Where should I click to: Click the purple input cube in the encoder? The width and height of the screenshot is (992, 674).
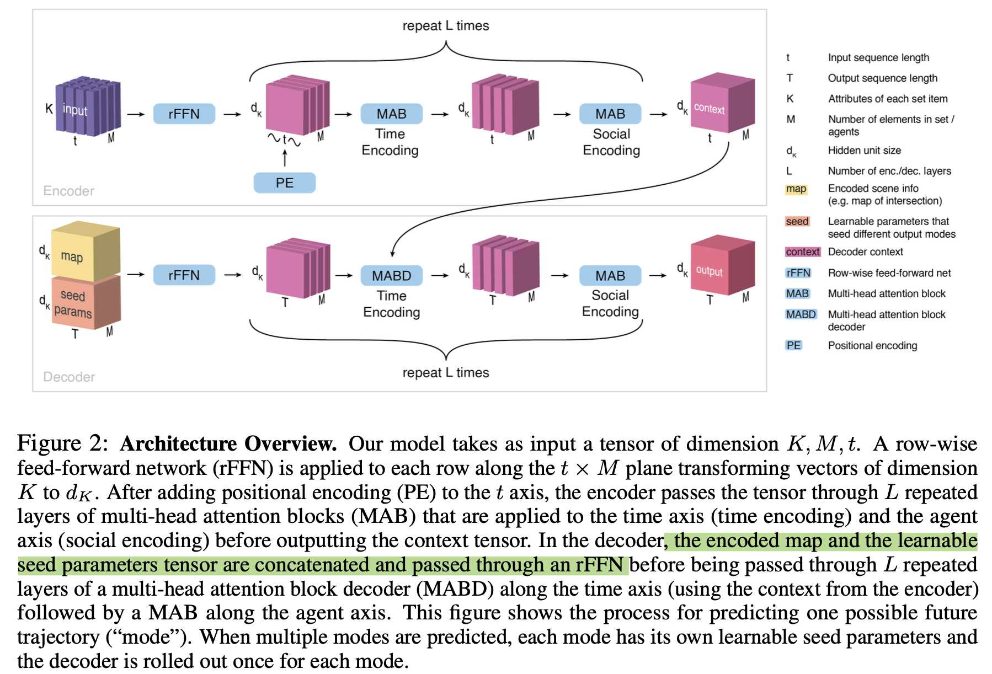pos(87,107)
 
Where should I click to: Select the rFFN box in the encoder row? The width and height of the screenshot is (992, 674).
pos(184,114)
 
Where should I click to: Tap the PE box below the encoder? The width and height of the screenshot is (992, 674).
pos(284,183)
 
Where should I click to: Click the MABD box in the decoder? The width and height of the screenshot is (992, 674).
pos(391,275)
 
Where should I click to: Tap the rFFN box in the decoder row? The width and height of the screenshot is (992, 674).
pos(184,275)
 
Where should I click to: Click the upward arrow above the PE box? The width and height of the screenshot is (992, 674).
pos(285,158)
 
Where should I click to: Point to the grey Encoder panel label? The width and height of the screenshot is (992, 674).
pos(68,191)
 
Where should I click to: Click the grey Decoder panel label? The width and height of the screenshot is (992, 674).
pos(69,377)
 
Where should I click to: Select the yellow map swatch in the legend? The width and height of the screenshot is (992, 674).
pos(796,189)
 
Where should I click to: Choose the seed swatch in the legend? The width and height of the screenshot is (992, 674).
pos(797,222)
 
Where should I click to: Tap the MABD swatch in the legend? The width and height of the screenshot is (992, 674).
pos(801,314)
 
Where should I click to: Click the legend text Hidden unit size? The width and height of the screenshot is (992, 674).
pos(864,151)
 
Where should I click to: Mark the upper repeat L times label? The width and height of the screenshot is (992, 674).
pos(445,26)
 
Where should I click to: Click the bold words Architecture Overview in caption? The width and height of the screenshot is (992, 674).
pos(228,444)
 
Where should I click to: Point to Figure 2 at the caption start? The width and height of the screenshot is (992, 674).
pos(62,444)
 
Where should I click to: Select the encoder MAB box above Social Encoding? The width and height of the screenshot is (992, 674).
pos(610,114)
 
